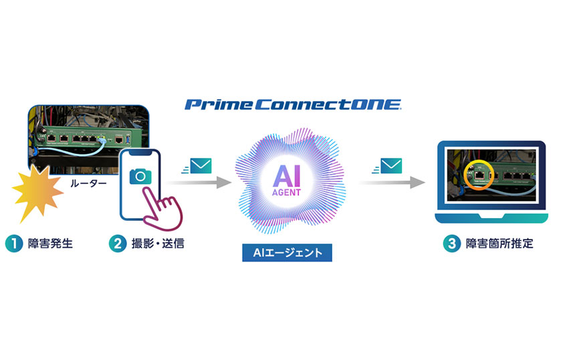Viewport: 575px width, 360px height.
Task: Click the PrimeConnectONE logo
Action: click(293, 105)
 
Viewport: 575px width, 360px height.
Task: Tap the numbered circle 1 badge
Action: click(14, 244)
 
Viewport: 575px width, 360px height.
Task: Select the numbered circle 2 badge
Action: click(118, 244)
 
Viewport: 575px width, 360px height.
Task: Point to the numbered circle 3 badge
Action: click(452, 244)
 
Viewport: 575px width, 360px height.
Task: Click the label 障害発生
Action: click(50, 244)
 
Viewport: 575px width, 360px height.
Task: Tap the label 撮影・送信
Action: click(158, 244)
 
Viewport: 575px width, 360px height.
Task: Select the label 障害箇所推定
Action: click(499, 244)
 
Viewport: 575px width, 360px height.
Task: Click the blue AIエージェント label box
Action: click(287, 252)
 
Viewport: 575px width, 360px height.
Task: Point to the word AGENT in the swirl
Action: click(286, 192)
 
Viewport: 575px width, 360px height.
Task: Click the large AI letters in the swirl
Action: click(286, 176)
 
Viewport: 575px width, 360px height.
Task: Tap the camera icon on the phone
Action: click(140, 177)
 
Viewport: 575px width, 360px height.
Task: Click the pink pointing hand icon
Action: click(162, 208)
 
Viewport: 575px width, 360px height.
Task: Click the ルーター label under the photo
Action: click(88, 183)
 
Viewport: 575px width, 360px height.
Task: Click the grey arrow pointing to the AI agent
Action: click(199, 183)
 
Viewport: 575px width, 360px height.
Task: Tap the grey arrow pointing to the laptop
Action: click(392, 183)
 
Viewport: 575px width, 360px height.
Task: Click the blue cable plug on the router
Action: click(102, 139)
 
